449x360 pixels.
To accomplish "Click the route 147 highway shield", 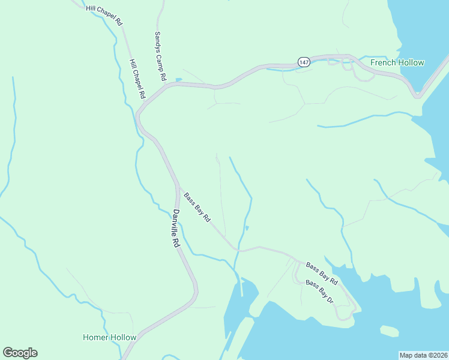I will point(303,62).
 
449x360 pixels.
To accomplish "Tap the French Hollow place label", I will point(397,62).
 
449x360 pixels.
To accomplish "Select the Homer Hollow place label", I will point(109,337).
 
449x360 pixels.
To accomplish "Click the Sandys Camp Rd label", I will point(159,56).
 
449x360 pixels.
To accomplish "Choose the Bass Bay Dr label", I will point(319,292).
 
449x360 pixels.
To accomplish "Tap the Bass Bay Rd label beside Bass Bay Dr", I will point(322,273).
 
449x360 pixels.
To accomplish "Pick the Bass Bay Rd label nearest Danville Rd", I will point(197,208).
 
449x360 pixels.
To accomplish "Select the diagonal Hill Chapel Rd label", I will point(104,15).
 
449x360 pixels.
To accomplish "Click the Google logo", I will point(20,353).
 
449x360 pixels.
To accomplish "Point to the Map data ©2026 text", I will point(423,355).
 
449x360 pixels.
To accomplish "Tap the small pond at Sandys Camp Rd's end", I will point(178,79).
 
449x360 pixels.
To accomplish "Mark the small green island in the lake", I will point(389,331).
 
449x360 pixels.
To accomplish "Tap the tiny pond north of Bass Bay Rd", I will point(247,227).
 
